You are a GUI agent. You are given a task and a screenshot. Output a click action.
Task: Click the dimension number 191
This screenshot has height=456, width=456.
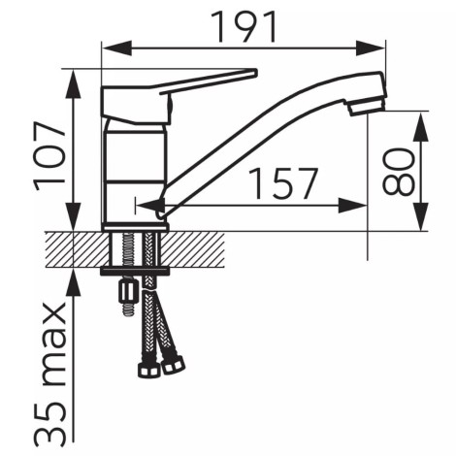[244, 27]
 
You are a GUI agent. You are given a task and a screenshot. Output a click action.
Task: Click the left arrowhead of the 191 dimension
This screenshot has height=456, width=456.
[116, 48]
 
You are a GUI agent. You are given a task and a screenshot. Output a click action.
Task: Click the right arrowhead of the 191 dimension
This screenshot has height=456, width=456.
[371, 48]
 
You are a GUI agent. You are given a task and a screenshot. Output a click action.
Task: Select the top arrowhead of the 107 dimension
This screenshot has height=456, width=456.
[74, 83]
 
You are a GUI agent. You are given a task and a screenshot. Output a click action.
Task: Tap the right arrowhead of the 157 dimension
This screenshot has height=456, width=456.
[352, 205]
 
